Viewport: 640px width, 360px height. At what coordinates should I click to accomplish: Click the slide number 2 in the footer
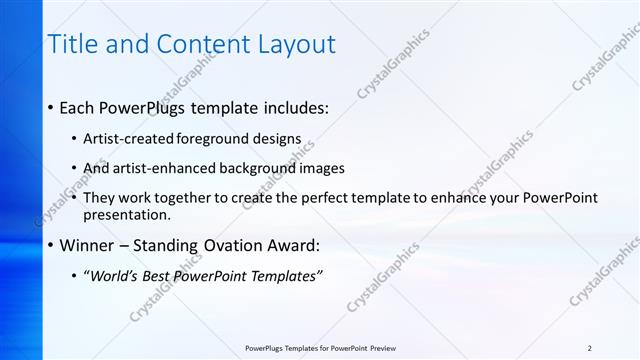click(x=589, y=348)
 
